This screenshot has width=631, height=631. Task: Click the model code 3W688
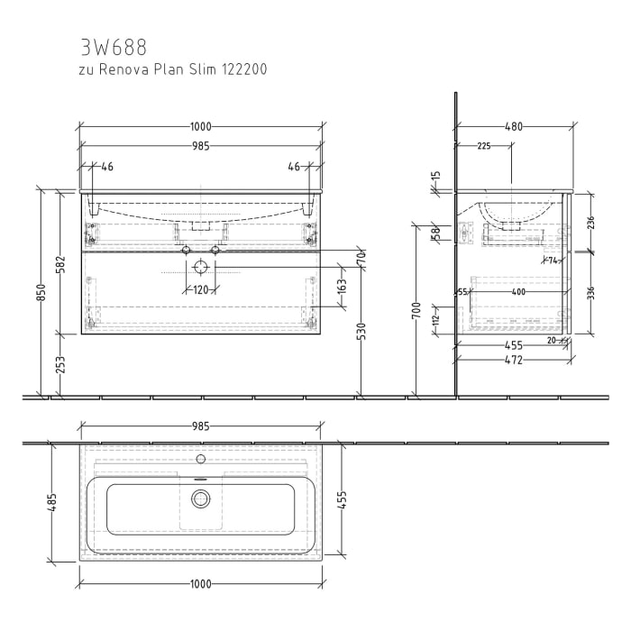(113, 46)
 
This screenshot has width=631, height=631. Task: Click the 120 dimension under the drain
(200, 289)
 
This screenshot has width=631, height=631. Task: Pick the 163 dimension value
(342, 288)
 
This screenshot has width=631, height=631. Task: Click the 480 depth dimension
(513, 127)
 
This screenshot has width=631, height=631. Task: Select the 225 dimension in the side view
(484, 146)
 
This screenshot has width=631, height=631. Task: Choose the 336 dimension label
(590, 294)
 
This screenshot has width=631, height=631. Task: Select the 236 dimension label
(590, 223)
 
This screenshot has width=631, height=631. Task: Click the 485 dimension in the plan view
(52, 503)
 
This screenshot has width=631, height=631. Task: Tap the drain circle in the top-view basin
(200, 498)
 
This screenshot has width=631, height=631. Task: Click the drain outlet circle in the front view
(200, 267)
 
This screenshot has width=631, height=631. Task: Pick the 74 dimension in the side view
(552, 261)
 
